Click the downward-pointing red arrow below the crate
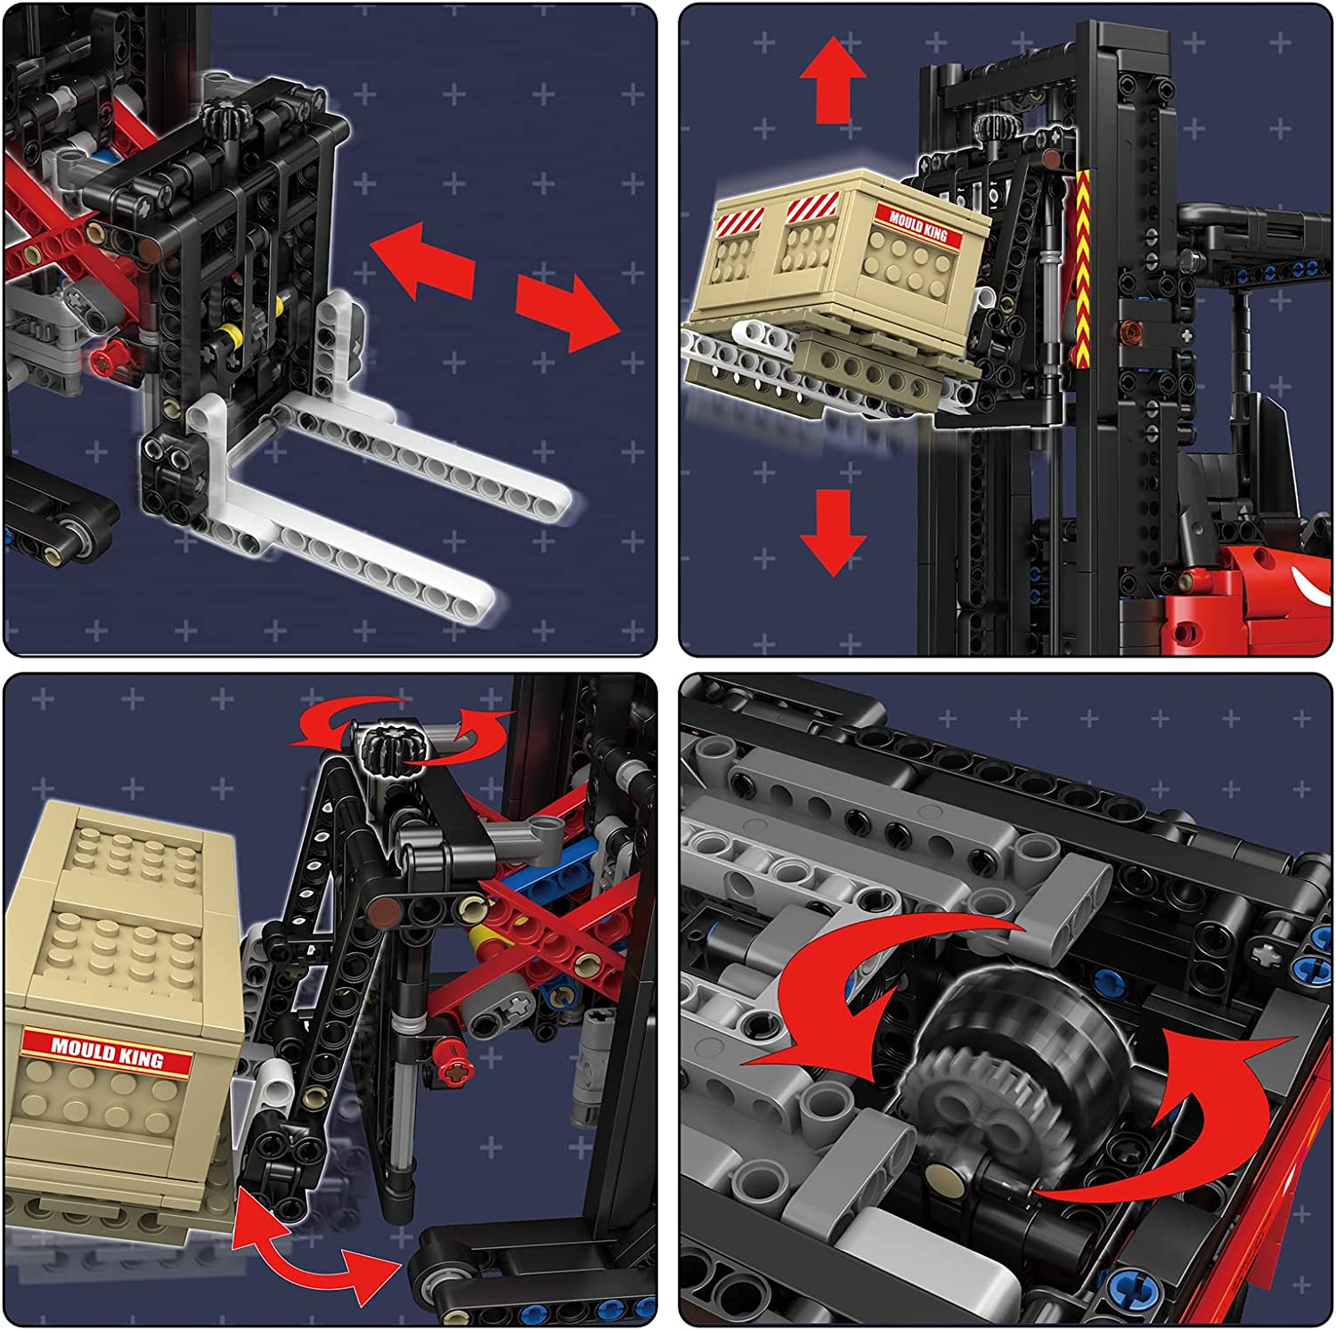[833, 533]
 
